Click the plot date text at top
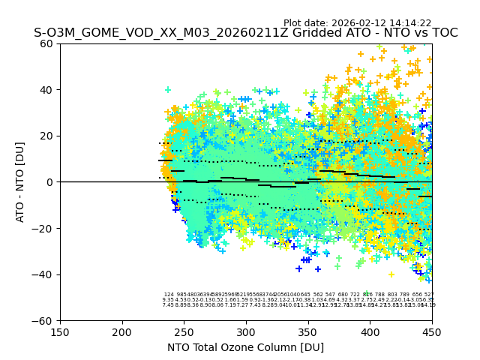pos(357,23)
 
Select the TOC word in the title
pos(442,34)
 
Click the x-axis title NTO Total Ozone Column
pos(245,347)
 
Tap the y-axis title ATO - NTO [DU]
pos(21,182)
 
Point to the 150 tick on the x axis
pos(60,331)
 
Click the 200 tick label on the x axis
pos(122,331)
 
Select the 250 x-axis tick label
pos(184,331)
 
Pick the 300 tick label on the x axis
pos(246,331)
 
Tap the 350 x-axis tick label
pos(307,331)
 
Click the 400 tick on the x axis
pos(370,331)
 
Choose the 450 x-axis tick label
pos(431,331)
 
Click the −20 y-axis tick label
pos(45,228)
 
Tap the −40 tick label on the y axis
pos(45,274)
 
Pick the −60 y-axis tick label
pos(45,320)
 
